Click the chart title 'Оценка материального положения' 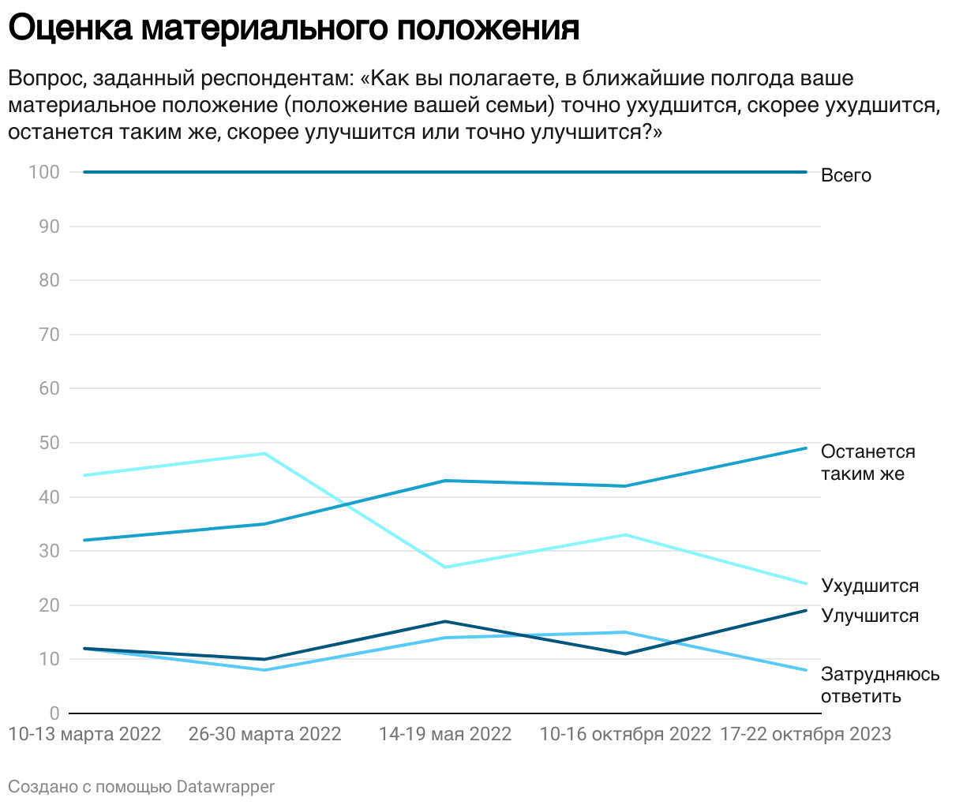point(294,28)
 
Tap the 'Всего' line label point(845,175)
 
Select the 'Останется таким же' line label point(867,462)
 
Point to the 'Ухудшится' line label point(870,586)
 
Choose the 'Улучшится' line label point(870,616)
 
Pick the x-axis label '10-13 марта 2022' point(84,735)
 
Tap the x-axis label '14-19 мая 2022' point(445,735)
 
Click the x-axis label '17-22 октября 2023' point(806,735)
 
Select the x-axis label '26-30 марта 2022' point(265,735)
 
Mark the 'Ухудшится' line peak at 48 point(264,454)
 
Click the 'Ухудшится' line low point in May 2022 point(445,567)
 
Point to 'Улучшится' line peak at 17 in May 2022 point(445,621)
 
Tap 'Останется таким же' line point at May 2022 point(445,481)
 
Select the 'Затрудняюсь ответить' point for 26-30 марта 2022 point(264,670)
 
